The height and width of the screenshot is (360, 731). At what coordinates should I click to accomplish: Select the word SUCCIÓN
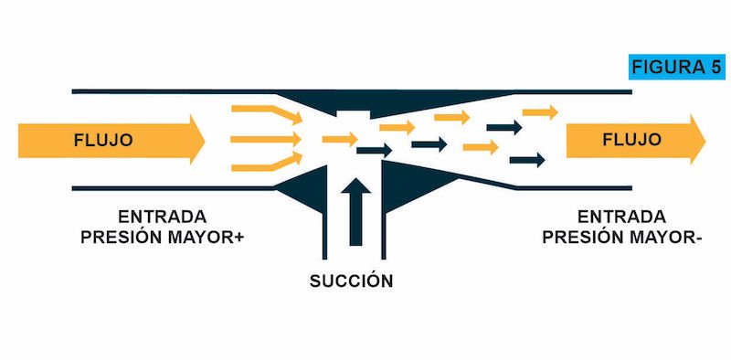(x=351, y=281)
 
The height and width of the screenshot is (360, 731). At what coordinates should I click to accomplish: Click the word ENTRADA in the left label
(x=163, y=217)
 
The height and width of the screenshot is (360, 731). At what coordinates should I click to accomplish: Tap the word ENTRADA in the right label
(x=621, y=217)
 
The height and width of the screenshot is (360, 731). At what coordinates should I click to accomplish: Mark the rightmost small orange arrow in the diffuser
(x=540, y=111)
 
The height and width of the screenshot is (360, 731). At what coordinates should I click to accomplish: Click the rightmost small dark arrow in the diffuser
(x=527, y=160)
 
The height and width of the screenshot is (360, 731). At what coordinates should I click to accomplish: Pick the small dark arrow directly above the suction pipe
(x=374, y=150)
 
